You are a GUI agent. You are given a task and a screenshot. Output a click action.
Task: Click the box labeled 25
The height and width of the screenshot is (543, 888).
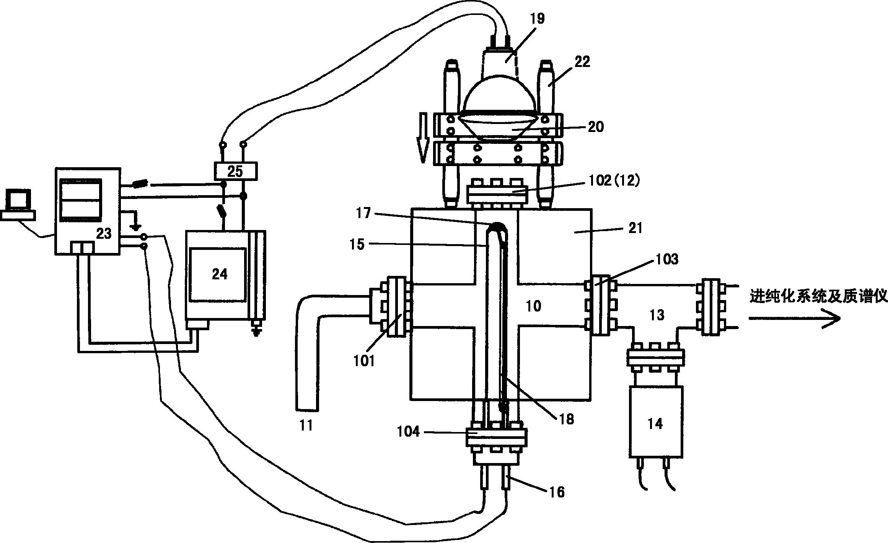[x=235, y=171]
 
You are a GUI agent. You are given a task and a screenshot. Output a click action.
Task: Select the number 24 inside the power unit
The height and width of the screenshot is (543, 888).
[x=220, y=274]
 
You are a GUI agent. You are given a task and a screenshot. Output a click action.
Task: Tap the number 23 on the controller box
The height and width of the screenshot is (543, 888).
[x=103, y=233]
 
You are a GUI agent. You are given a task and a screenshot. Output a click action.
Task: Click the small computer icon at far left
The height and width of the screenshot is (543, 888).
[x=18, y=205]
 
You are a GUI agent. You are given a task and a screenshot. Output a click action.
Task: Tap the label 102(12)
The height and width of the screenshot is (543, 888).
[x=612, y=181]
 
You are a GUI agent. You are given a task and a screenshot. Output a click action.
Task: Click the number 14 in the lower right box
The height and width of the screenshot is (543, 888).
[x=655, y=424]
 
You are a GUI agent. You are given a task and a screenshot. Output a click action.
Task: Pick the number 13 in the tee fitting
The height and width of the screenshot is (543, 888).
[x=657, y=315]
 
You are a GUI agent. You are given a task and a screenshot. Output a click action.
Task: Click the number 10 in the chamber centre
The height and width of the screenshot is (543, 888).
[x=533, y=306]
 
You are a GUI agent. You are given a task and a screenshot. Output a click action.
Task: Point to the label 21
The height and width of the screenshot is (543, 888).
[x=635, y=228]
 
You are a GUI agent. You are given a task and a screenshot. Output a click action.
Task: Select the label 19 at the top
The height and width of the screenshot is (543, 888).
[x=538, y=18]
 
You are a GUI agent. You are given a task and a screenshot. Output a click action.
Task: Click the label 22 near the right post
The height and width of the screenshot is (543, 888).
[x=582, y=62]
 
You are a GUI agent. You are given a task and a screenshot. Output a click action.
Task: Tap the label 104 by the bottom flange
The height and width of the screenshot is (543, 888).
[x=409, y=432]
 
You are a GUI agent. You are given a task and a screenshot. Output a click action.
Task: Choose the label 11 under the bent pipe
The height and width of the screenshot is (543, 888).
[x=306, y=425]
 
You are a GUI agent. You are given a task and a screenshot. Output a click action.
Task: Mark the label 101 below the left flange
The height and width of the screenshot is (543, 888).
[x=364, y=361]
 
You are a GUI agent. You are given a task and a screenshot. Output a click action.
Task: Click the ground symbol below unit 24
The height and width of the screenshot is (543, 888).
[x=256, y=331]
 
